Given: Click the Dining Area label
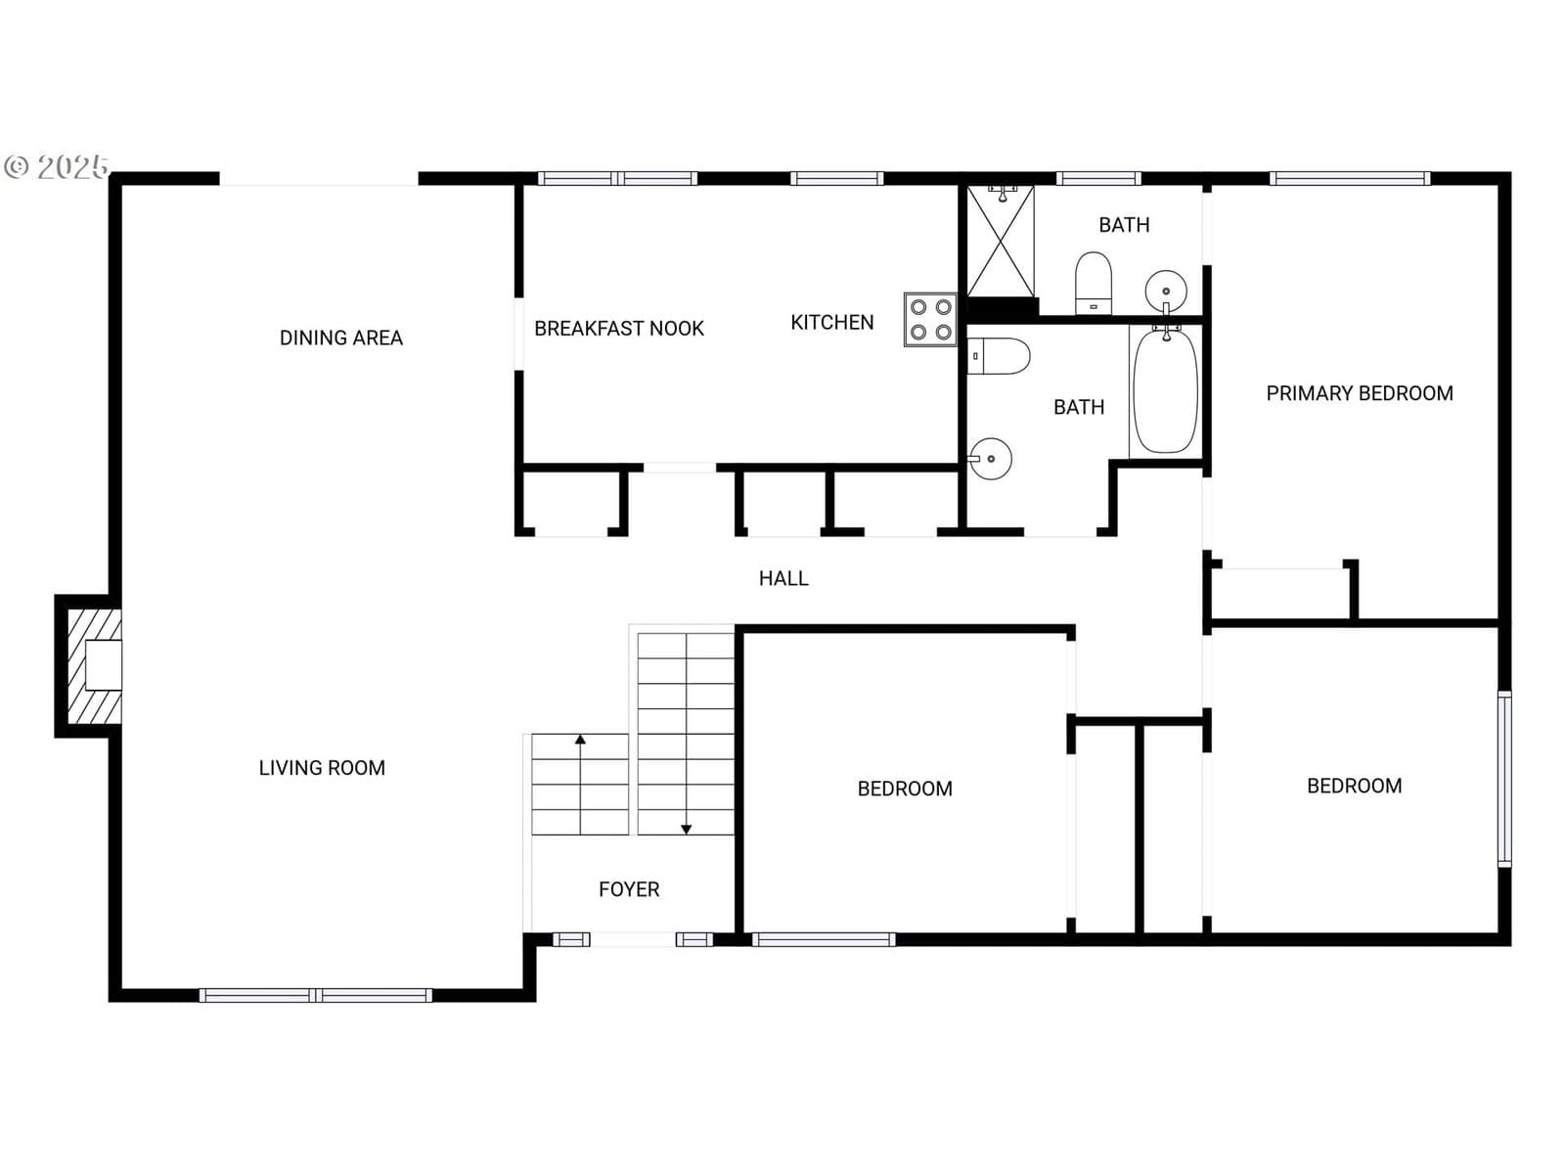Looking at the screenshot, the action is pos(340,338).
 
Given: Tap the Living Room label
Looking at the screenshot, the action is pos(322,768).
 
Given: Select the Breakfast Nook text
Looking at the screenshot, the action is pos(619,329).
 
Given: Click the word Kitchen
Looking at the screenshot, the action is pos(832,323).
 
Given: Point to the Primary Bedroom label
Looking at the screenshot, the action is pos(1360,393).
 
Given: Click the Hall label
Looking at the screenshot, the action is pos(783,578).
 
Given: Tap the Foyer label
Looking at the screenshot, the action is pos(629,889).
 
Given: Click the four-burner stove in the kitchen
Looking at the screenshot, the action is pos(930,319).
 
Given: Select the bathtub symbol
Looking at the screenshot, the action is pos(1166,390).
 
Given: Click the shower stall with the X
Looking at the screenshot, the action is pos(1001,241).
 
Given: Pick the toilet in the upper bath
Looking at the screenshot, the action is pos(1093,283).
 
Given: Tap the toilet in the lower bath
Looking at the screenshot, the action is pos(999,356).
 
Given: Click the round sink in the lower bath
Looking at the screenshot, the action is pos(990,459).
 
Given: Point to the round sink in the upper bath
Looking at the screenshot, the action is pos(1166,291).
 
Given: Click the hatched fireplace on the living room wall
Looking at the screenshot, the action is pos(94,666).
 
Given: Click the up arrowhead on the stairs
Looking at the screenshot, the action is pos(580,740).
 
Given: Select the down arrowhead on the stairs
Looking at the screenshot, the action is pos(686,829).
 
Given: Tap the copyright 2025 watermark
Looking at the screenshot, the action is pos(57,166).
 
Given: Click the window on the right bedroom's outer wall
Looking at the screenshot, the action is pos(1504,779).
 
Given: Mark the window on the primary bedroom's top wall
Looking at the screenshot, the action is pos(1350,178).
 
